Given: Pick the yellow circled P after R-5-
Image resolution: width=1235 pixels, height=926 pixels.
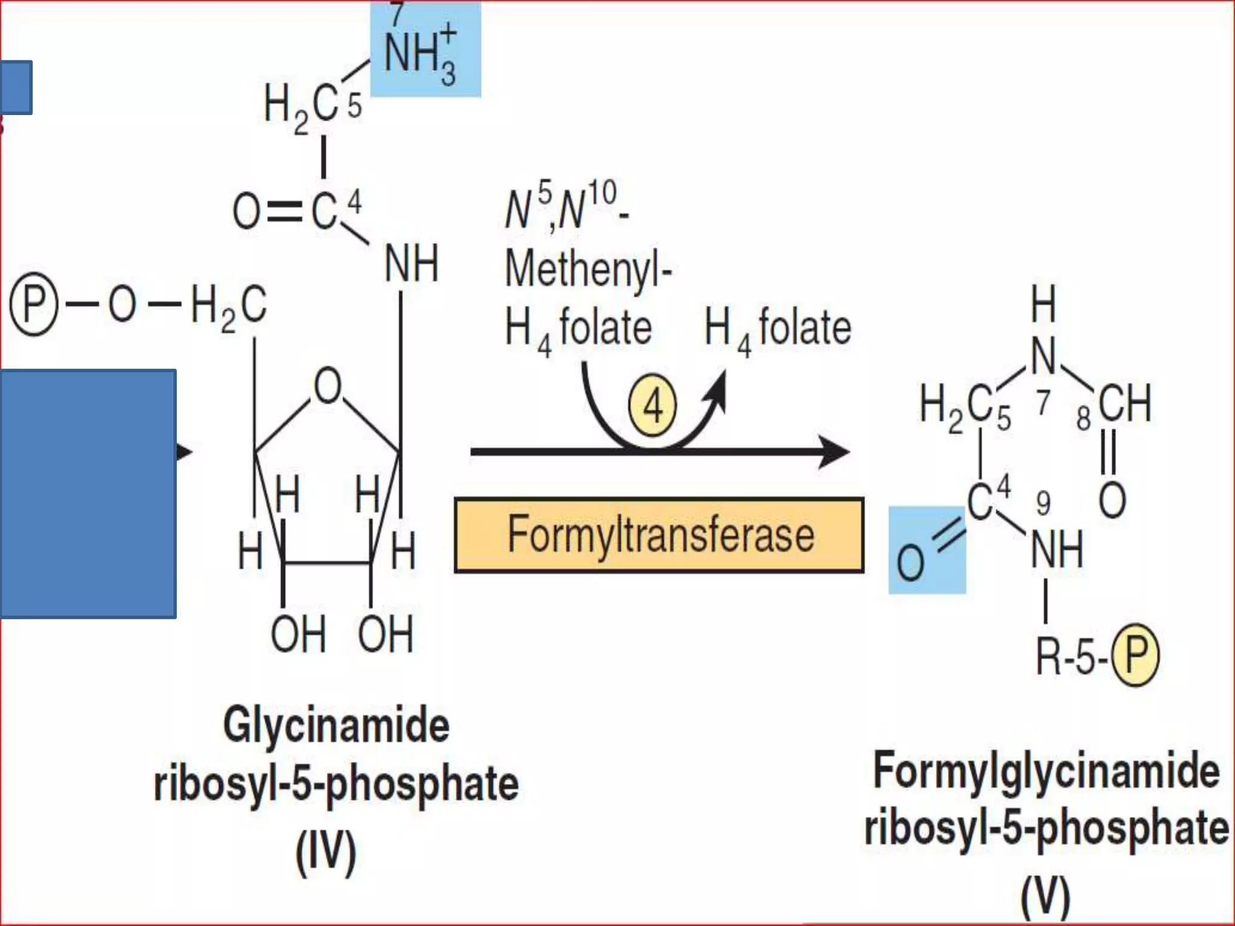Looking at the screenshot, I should [1136, 655].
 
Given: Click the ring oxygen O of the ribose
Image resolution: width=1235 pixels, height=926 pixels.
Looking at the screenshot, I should [327, 386].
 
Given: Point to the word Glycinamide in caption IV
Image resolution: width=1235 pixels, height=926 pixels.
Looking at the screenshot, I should [336, 725].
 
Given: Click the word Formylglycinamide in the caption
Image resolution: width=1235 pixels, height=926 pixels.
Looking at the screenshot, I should [1046, 772].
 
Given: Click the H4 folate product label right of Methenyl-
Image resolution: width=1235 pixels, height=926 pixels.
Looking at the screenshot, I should [778, 329].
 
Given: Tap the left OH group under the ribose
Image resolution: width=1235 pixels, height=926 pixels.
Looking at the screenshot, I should [298, 634].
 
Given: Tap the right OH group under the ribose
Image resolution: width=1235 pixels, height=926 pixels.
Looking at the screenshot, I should [386, 634].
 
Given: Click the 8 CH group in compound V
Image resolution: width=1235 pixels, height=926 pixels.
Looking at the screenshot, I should [1123, 404].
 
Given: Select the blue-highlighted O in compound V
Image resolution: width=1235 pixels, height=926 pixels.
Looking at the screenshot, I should [911, 562].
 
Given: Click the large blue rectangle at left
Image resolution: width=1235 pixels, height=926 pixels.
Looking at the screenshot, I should [88, 493].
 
